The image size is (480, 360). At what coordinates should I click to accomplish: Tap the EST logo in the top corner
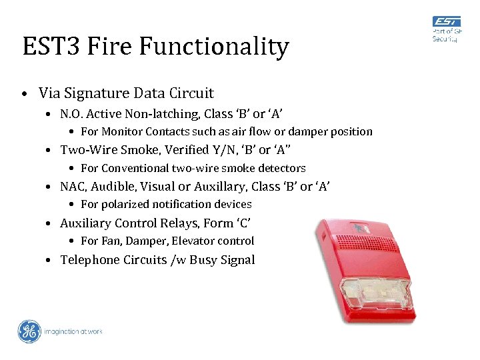(x=445, y=21)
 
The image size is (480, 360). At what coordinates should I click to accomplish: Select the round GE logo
(x=29, y=331)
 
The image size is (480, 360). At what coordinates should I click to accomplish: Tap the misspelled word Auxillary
(x=219, y=186)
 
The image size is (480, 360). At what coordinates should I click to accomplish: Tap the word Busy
(x=207, y=259)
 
